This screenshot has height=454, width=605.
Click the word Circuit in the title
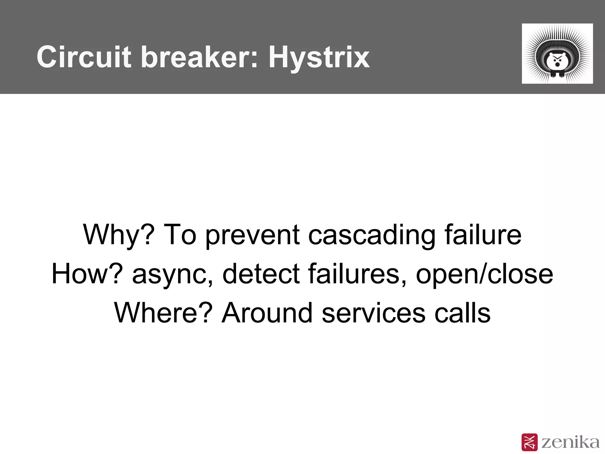[x=84, y=57]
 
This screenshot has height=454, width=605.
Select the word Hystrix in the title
[x=319, y=57]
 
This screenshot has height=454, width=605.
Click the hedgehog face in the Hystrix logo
[x=557, y=61]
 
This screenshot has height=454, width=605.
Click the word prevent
[x=253, y=235]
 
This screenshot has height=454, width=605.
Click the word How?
[x=87, y=274]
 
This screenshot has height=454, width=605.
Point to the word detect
[x=261, y=274]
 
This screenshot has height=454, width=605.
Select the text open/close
[x=484, y=274]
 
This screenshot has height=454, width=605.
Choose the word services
[x=373, y=313]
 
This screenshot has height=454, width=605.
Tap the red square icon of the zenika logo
[x=529, y=442]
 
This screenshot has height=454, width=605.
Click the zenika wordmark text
[x=570, y=442]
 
